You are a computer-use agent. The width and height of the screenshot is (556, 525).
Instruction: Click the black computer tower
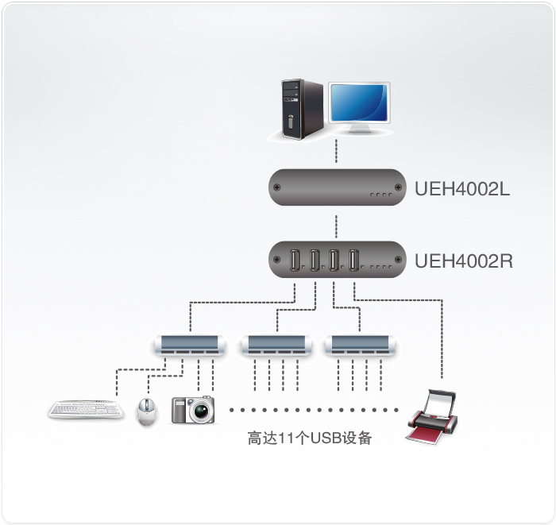[x=301, y=109]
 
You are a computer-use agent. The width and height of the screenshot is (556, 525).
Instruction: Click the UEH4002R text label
[x=463, y=259]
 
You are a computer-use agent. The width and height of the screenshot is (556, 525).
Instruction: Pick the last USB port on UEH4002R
[x=354, y=260]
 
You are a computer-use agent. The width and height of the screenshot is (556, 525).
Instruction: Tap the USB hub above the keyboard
[x=189, y=344]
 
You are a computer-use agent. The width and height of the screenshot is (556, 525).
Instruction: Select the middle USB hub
[x=276, y=344]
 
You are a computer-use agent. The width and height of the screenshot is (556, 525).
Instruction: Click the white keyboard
[x=86, y=410]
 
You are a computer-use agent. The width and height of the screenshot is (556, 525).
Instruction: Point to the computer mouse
[x=146, y=411]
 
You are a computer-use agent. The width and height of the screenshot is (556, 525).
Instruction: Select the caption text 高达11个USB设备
[x=310, y=438]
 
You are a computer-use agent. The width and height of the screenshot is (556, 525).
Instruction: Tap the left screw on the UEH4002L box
[x=276, y=189]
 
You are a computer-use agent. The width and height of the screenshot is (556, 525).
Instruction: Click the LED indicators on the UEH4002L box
[x=381, y=195]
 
